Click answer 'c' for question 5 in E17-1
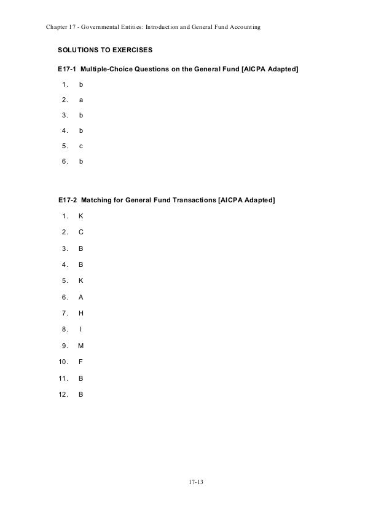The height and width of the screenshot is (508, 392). pos(81,146)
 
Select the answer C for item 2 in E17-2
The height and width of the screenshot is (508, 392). pos(81,232)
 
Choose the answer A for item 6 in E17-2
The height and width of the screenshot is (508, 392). pos(81,296)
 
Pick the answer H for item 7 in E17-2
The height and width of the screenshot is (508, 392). pos(81,312)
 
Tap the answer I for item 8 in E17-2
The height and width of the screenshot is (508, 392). pos(81,328)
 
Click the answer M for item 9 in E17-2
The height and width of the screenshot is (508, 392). pos(81,345)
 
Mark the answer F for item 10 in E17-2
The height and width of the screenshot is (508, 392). pos(81,361)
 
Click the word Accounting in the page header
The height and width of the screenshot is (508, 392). pos(245,28)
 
